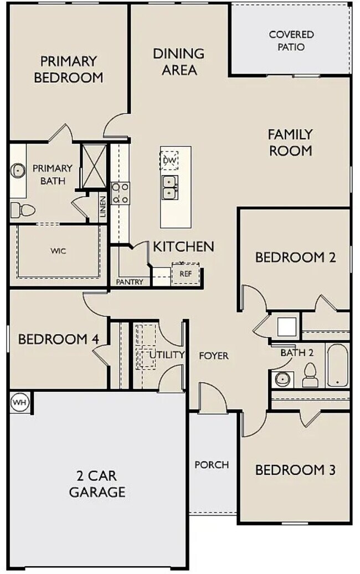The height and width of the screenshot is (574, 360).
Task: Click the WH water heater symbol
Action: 19,402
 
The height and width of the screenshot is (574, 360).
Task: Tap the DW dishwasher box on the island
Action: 169,160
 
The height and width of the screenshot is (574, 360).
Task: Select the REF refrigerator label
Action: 186,273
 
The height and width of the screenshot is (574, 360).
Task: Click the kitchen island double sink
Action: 169,187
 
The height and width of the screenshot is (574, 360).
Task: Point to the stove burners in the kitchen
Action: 120,193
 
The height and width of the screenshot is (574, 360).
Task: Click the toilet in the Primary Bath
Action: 23,210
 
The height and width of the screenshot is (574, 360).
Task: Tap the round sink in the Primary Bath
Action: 18,170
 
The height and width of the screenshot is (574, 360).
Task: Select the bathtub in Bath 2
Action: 337,365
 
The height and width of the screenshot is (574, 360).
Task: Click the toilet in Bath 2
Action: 310,375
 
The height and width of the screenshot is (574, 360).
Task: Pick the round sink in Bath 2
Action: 282,379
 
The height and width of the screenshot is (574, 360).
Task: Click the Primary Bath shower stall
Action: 94,166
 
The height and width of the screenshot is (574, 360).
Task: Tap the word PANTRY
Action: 130,282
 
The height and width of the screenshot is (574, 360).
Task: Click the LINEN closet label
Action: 103,207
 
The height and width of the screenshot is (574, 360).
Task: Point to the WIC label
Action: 58,251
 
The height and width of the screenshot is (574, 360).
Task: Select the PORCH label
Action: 212,464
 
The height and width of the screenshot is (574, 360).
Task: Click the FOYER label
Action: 214,356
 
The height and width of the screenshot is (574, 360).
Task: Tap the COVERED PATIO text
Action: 291,40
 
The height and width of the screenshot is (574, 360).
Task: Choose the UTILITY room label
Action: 167,355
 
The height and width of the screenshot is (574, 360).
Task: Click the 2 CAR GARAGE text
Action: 97,484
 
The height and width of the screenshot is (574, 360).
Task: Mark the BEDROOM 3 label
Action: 295,470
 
